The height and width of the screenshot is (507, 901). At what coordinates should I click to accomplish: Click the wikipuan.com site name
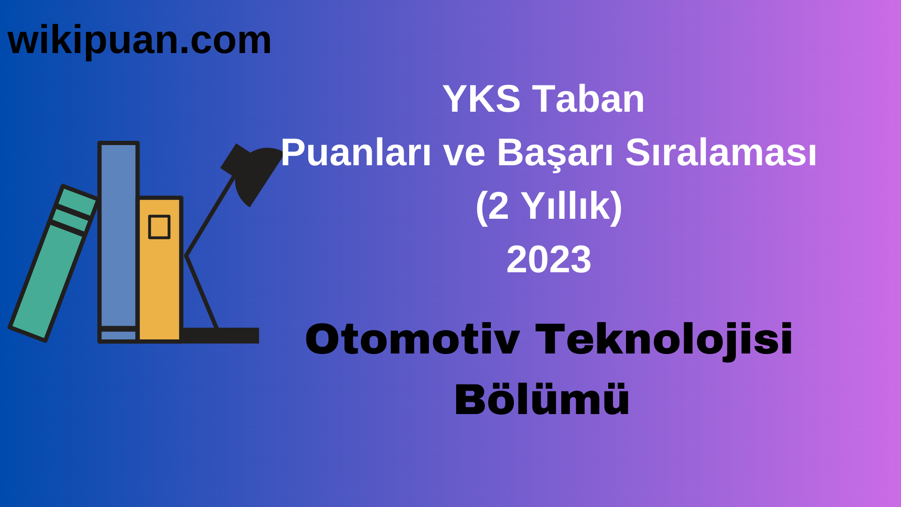(x=139, y=41)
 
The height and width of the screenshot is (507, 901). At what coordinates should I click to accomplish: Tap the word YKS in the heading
(x=481, y=99)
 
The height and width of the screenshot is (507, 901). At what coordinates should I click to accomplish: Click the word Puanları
(x=356, y=153)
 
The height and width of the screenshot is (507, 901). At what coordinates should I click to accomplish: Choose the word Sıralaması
(x=721, y=153)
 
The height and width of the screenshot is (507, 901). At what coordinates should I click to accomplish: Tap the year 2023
(x=549, y=260)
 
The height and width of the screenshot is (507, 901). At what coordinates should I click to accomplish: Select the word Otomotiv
(x=412, y=339)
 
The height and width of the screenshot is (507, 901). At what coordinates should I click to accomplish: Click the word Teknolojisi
(x=664, y=339)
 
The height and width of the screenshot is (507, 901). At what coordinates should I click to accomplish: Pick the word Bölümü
(x=542, y=400)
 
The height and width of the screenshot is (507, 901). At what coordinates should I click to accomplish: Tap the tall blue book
(x=118, y=235)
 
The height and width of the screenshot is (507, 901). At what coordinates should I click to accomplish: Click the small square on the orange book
(x=159, y=227)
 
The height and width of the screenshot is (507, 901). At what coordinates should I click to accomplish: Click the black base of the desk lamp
(x=221, y=335)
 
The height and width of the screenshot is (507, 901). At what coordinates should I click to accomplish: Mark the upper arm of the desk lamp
(x=210, y=216)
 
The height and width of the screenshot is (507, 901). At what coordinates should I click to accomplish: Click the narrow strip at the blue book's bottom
(x=118, y=335)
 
